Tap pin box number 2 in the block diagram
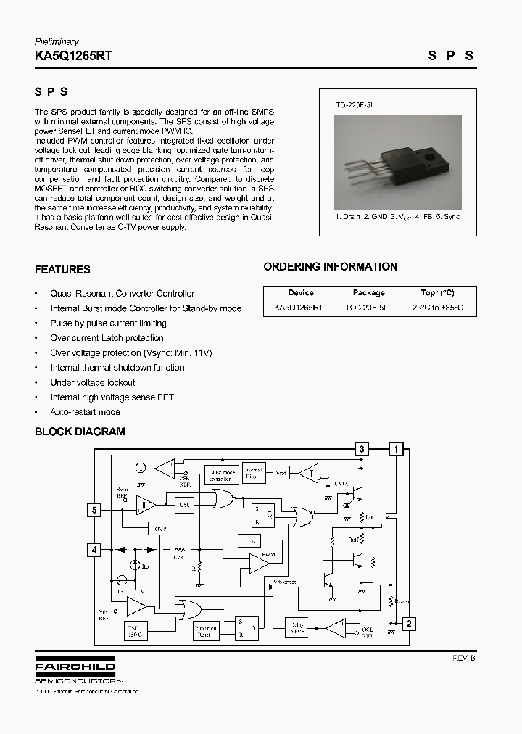[409, 623]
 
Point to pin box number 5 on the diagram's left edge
[94, 510]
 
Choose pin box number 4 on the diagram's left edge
[94, 550]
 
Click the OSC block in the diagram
[186, 506]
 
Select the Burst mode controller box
[220, 475]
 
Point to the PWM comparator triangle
[258, 561]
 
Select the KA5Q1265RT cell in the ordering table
[299, 308]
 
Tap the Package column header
[368, 293]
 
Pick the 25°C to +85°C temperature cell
[438, 308]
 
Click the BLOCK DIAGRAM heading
[80, 432]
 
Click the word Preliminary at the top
[57, 41]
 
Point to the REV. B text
[464, 659]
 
